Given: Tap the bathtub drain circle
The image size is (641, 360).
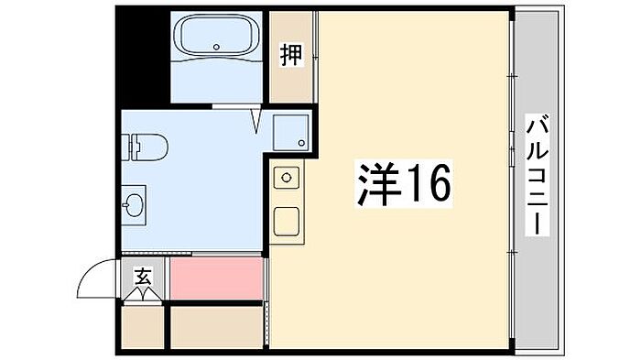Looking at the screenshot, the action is click(x=216, y=47).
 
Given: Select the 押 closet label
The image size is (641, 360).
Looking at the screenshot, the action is click(x=291, y=55).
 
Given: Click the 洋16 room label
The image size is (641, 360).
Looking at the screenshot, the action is click(x=404, y=183).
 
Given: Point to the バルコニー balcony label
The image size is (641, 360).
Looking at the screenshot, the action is click(x=538, y=175).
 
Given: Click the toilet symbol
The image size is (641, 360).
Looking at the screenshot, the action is click(x=145, y=147).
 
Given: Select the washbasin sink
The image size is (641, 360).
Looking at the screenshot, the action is click(x=134, y=204).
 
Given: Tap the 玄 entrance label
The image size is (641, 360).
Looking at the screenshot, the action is click(x=143, y=278).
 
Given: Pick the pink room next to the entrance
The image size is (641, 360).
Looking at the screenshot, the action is click(x=216, y=278).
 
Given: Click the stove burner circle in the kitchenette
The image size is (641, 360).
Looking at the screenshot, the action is click(x=287, y=178).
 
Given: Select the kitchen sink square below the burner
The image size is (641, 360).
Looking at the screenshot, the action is click(x=286, y=222).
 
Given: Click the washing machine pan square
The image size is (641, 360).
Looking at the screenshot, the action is click(x=290, y=133).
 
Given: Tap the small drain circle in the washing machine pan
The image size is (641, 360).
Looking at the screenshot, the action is click(x=301, y=143).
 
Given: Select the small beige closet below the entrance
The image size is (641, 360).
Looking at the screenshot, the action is click(x=143, y=327).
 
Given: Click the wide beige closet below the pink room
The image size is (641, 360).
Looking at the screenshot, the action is click(x=216, y=327).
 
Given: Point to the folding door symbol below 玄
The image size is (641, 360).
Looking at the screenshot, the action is click(x=143, y=295).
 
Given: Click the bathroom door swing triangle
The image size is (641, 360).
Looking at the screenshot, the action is click(x=256, y=120).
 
